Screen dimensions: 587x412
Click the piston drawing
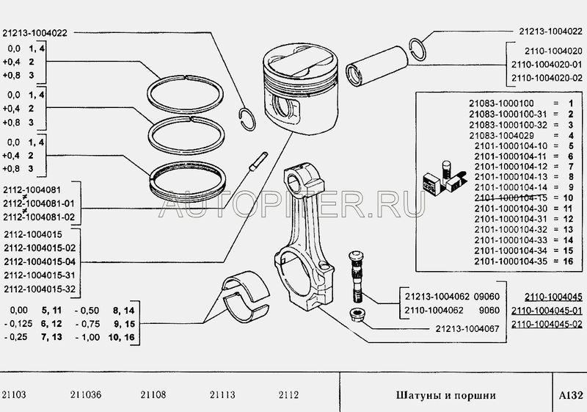300,90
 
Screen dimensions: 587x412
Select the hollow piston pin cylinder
377,66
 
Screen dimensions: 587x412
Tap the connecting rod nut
357,314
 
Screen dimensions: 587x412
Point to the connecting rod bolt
356,276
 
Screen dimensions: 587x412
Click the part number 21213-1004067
467,329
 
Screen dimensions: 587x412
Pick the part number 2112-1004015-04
40,261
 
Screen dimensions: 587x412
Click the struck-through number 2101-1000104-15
511,198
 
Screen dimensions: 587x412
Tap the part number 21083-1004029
501,135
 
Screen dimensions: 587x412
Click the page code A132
571,395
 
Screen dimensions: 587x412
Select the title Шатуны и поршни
446,396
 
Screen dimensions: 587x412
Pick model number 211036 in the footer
85,395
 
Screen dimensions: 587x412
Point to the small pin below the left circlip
258,162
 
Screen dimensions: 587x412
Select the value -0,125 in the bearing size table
18,324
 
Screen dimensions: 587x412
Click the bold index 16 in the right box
568,261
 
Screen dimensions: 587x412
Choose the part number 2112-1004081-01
39,203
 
